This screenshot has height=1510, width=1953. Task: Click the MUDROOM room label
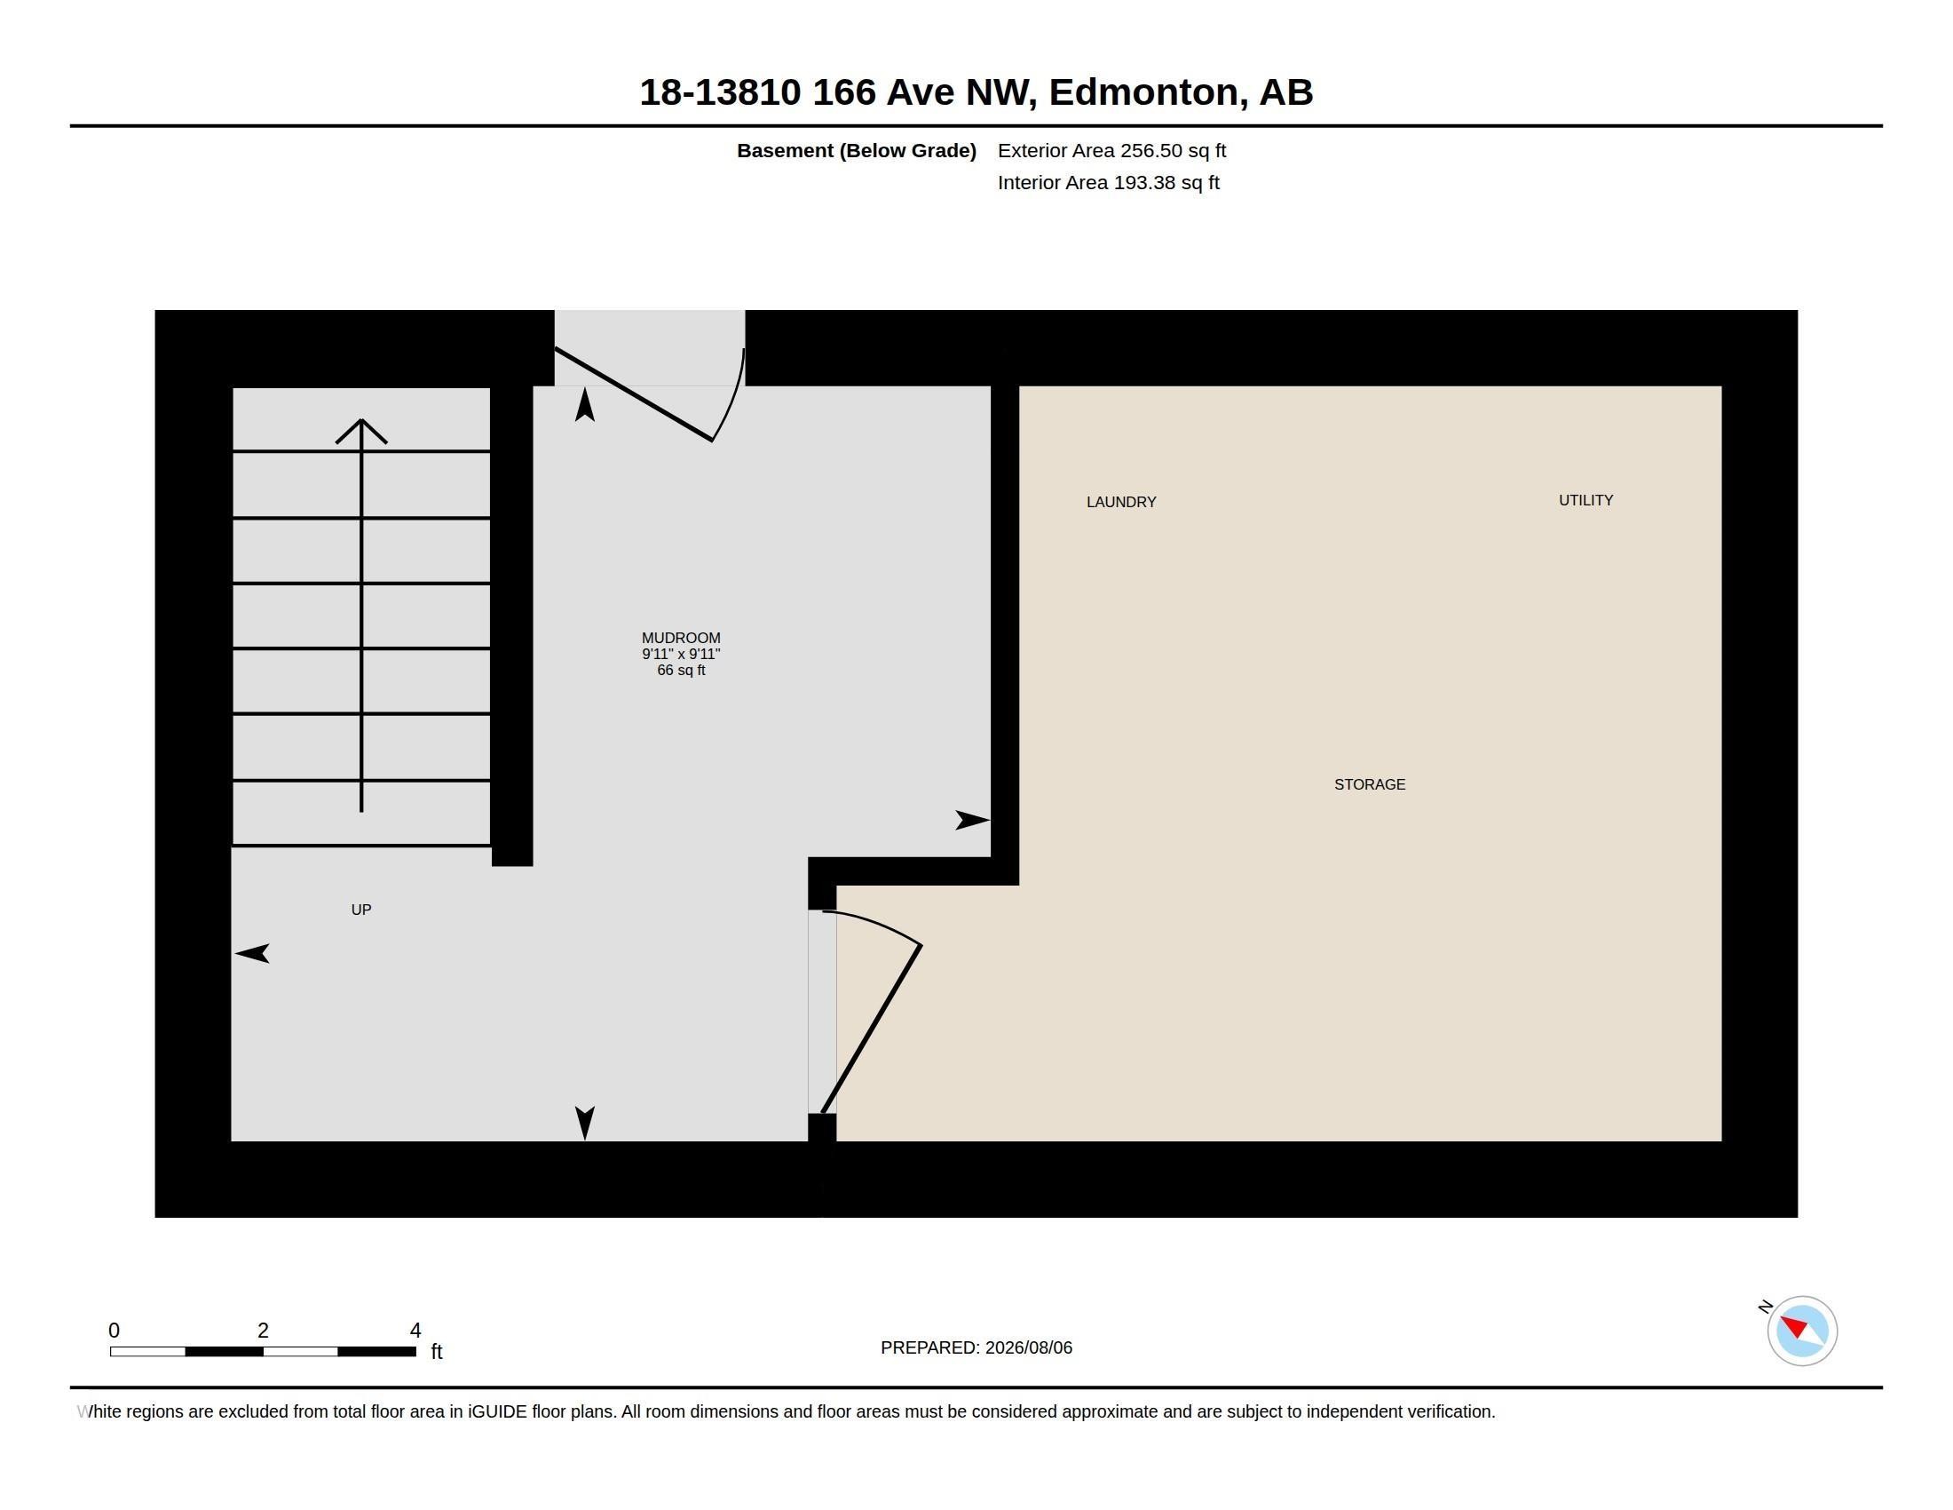click(x=681, y=638)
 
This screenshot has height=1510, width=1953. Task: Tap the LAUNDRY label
click(x=1121, y=502)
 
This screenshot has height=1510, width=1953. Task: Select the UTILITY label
click(x=1585, y=500)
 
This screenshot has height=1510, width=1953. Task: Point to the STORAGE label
click(x=1369, y=784)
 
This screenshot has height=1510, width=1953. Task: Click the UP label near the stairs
click(x=361, y=910)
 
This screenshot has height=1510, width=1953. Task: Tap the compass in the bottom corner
click(x=1801, y=1331)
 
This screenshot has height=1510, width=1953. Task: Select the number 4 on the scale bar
click(x=415, y=1331)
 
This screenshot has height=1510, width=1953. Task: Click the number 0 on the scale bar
click(x=114, y=1331)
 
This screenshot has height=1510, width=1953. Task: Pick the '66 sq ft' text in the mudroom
click(x=681, y=670)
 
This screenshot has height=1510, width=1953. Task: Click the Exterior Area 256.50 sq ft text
click(x=1111, y=150)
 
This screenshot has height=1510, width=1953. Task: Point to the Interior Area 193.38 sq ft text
click(x=1108, y=182)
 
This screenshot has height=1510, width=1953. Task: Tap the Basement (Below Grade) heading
click(x=856, y=150)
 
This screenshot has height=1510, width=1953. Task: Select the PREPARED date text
click(x=976, y=1347)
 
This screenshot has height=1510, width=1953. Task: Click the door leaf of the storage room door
click(x=872, y=1028)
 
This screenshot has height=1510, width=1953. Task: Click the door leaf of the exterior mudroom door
click(x=633, y=394)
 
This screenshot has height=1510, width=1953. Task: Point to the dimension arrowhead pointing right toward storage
click(x=973, y=820)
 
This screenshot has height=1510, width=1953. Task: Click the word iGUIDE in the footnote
click(x=496, y=1411)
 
